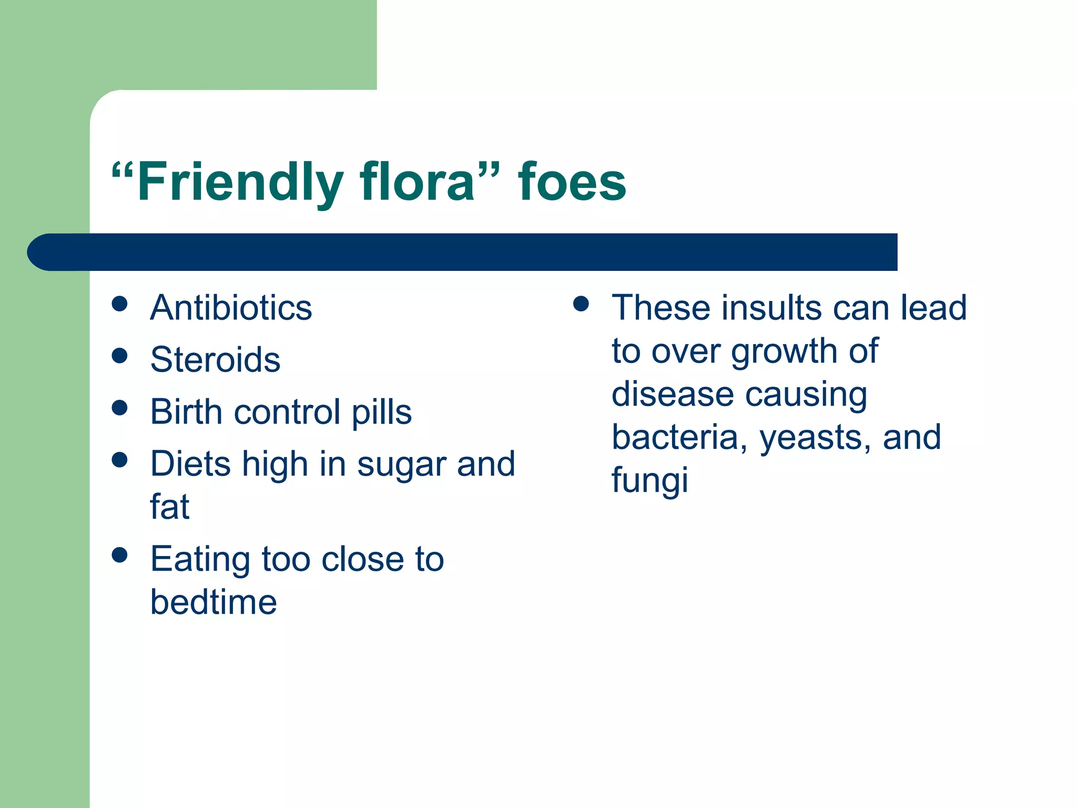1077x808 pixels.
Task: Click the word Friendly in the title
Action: click(240, 182)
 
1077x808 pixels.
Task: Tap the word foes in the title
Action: click(572, 182)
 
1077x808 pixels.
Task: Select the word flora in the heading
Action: click(418, 182)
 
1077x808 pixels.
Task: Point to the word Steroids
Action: click(215, 360)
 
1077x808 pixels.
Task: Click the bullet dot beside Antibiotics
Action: click(120, 304)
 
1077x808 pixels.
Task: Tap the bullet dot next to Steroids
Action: click(120, 356)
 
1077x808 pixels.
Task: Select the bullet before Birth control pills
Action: click(120, 408)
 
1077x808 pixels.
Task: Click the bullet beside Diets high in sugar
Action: click(120, 460)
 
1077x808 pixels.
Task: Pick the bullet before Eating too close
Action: click(120, 555)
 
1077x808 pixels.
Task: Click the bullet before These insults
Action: click(581, 304)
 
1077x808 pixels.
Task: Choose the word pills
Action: click(381, 412)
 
